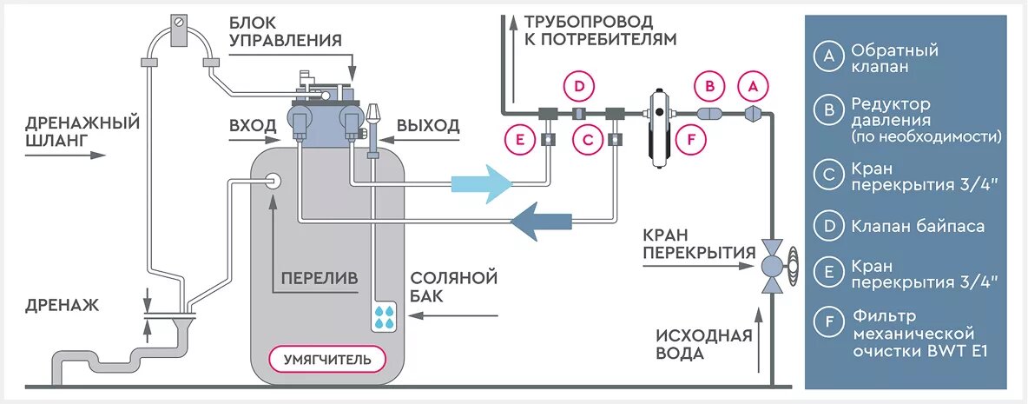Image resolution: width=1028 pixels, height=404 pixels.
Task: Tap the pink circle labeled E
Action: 519,138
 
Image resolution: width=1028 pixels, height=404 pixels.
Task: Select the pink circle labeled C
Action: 588,138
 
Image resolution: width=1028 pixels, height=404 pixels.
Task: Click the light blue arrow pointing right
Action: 483,183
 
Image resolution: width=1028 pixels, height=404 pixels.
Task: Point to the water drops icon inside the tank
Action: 383,316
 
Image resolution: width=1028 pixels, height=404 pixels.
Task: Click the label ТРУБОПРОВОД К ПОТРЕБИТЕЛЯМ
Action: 599,30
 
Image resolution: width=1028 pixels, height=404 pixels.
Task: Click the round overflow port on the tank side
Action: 273,181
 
